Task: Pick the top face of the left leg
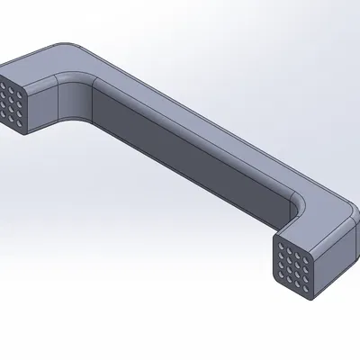tap(40, 67)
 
